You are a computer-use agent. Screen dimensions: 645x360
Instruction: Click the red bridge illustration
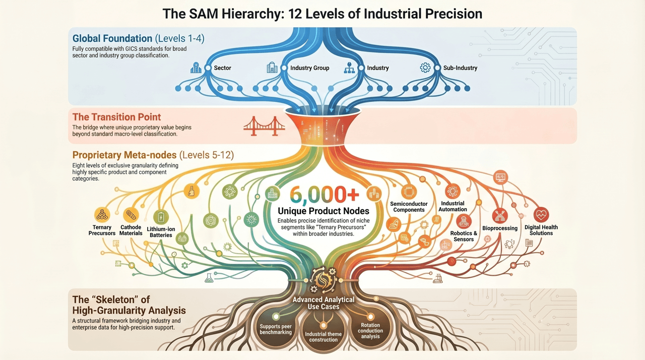pos(264,126)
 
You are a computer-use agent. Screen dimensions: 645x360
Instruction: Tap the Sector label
pos(222,68)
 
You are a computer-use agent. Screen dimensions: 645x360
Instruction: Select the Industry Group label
pos(309,68)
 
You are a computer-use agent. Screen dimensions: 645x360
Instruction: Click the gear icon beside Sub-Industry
pos(425,68)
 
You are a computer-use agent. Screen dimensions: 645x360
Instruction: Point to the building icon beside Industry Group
pos(272,68)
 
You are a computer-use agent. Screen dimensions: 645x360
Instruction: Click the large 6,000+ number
pos(324,195)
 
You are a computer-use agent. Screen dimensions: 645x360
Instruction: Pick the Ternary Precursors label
pos(102,230)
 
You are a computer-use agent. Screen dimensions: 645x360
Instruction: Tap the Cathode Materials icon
pos(131,215)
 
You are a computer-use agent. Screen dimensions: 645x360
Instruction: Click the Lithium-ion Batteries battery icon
pos(161,217)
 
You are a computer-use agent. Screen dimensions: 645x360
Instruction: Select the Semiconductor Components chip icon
pos(409,192)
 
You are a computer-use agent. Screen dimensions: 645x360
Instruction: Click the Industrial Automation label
pos(453,206)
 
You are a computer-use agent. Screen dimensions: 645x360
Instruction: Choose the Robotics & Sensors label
pos(464,236)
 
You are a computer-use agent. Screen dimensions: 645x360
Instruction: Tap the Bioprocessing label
pos(500,228)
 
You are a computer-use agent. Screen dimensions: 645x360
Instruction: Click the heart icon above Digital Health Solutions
pos(541,215)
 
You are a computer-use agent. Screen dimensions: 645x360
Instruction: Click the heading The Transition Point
pos(116,117)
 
